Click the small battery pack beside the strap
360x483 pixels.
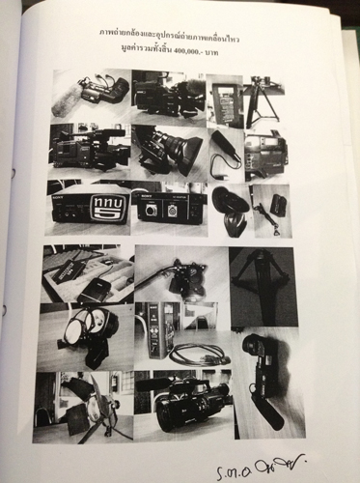(x=276, y=206)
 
